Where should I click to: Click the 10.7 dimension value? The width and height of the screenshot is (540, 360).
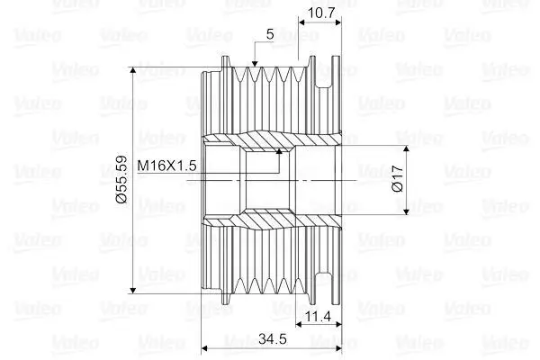(320, 13)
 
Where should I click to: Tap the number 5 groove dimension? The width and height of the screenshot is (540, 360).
(270, 34)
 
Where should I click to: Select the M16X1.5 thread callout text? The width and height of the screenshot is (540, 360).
(166, 166)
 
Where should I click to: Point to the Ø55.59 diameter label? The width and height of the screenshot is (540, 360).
(121, 179)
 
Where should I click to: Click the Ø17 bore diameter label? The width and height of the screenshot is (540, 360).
(398, 178)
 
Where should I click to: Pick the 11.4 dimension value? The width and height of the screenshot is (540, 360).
(319, 316)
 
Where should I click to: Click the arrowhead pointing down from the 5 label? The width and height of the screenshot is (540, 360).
(255, 63)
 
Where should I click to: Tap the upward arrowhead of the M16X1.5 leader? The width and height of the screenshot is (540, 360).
(279, 151)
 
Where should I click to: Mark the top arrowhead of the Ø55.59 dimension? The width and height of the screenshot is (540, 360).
(133, 70)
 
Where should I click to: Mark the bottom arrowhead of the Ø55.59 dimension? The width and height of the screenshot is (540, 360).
(133, 290)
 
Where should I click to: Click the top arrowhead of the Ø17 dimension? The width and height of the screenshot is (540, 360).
(407, 148)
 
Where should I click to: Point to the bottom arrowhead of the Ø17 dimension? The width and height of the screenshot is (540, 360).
(407, 211)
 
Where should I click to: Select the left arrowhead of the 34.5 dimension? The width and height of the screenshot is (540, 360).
(204, 348)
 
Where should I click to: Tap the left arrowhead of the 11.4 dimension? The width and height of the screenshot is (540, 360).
(300, 324)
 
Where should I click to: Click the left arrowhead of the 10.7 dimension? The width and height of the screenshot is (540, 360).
(302, 22)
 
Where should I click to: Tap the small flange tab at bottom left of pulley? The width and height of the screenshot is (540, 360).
(226, 298)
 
